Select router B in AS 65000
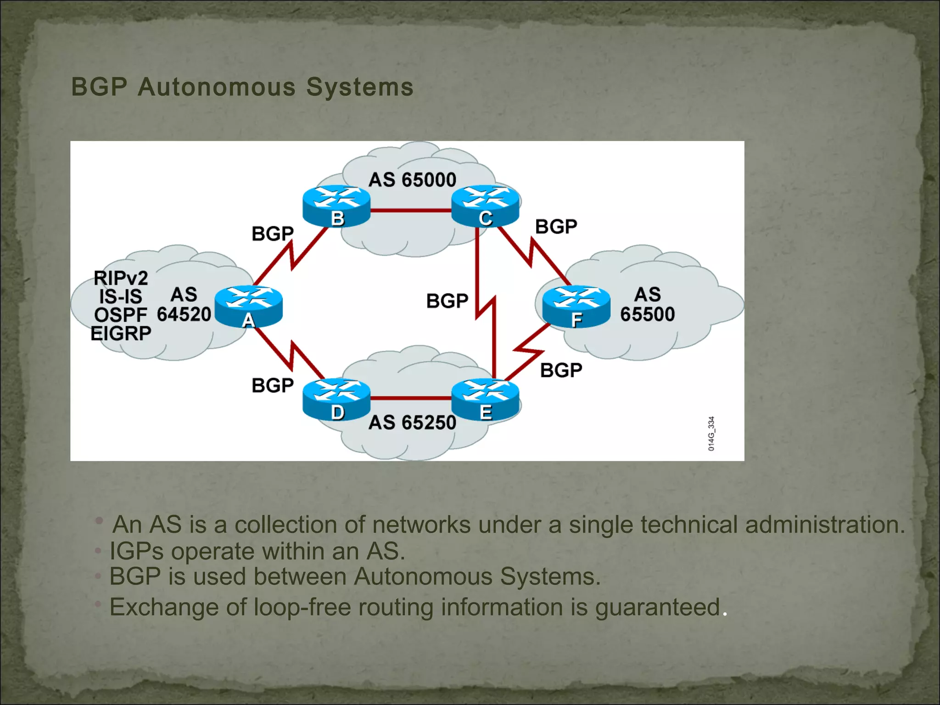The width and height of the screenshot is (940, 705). [336, 205]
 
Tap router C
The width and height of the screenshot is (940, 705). [485, 205]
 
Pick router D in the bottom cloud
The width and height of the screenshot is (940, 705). [336, 398]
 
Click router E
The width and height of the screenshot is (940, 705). [485, 398]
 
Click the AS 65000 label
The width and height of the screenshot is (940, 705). [412, 179]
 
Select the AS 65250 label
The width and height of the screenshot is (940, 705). [412, 422]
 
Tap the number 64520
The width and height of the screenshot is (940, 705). [184, 314]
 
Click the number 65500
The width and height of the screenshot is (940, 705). [647, 314]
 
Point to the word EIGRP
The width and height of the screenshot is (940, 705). [121, 334]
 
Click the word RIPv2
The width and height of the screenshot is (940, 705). [121, 278]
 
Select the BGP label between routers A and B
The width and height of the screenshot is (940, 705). [273, 234]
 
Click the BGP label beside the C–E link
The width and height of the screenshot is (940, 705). [447, 301]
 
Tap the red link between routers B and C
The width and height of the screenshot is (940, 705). [411, 211]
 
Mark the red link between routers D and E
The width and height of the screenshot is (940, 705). [411, 398]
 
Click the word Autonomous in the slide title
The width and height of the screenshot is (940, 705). [217, 87]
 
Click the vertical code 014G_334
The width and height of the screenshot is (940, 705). [711, 433]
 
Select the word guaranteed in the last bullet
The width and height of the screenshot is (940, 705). [657, 607]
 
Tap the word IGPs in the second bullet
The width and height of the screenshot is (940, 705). [136, 551]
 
